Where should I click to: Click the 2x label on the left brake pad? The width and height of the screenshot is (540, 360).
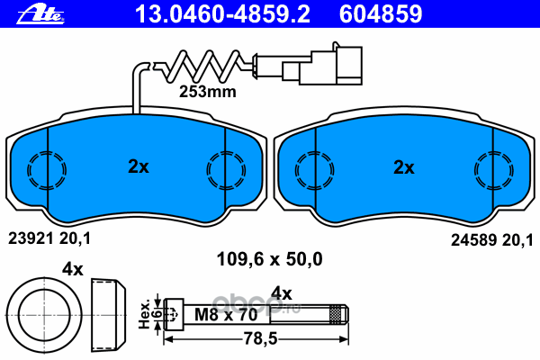[x=137, y=166]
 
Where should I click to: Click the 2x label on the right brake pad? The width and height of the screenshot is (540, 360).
[x=404, y=167]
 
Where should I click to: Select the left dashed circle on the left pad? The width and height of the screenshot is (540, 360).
[x=47, y=167]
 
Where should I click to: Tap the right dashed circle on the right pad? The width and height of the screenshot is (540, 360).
[x=491, y=167]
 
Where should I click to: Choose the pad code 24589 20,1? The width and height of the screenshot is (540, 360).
[x=490, y=238]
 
